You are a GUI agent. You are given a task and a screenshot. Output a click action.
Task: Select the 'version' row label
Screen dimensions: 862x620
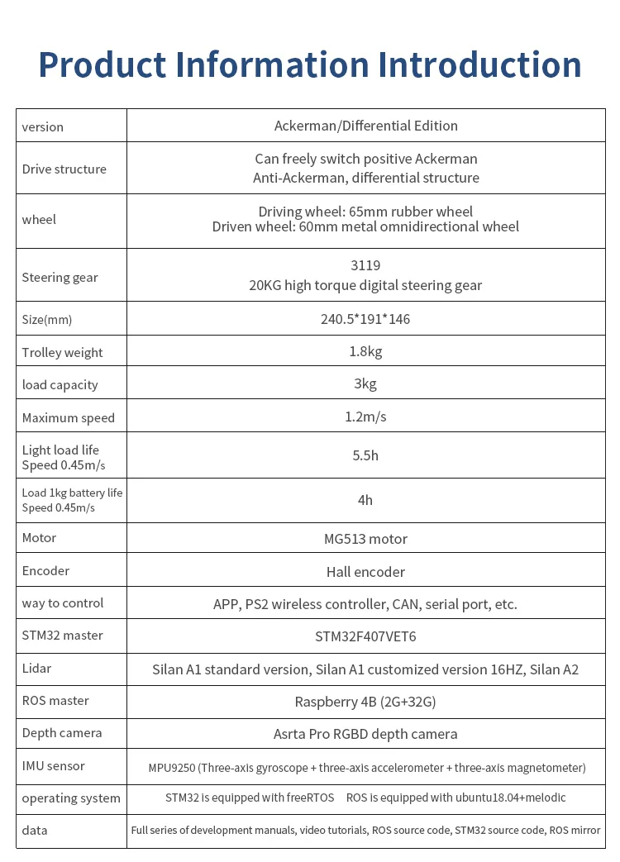tap(43, 127)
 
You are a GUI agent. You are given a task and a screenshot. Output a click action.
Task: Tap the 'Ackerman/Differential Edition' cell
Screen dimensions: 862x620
tap(365, 126)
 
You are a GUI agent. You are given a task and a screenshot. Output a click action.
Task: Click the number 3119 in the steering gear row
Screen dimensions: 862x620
tap(365, 265)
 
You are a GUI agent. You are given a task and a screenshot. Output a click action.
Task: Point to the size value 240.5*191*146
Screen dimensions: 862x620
tap(365, 319)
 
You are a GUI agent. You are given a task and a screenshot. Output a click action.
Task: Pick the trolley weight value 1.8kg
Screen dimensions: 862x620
tap(365, 352)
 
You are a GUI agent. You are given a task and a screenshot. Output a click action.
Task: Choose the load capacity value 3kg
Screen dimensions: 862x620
tap(365, 384)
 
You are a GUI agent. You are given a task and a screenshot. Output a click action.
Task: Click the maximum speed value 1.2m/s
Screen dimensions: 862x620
tap(365, 417)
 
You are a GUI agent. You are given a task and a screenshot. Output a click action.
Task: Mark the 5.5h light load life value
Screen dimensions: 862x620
tap(365, 455)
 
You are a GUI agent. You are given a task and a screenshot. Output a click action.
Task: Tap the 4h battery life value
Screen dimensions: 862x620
tap(365, 500)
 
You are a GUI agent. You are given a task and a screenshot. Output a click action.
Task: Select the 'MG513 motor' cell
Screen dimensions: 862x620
tap(365, 539)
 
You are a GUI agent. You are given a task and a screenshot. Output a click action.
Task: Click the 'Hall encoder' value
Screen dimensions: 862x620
tap(365, 572)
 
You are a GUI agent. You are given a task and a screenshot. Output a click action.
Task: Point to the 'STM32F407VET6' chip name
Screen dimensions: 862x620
tap(365, 636)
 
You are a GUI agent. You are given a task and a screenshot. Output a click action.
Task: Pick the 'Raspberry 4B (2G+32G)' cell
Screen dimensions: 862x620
tap(365, 702)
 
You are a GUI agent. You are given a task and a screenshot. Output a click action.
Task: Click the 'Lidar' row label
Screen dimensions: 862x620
tap(37, 668)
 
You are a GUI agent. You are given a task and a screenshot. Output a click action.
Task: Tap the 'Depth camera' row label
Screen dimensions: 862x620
tap(62, 733)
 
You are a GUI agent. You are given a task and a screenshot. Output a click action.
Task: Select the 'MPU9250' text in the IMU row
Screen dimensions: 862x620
tap(172, 768)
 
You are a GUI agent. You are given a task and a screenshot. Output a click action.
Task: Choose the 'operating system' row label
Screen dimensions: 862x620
tap(71, 798)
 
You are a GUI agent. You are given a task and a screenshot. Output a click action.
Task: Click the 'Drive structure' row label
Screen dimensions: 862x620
tap(64, 169)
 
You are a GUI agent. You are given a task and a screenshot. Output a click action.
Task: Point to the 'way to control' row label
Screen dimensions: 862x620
tap(63, 603)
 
